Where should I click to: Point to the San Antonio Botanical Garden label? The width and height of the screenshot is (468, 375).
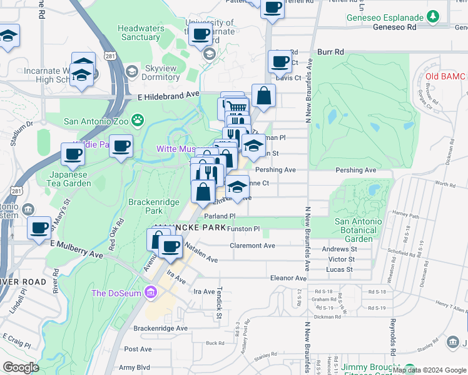[x=359, y=230]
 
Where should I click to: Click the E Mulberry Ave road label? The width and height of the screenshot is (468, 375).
[x=76, y=249]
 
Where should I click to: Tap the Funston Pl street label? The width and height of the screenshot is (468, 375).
[x=243, y=229]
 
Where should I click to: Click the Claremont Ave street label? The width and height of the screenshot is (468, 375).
[x=252, y=246]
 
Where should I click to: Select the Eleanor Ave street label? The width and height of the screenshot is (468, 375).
[x=287, y=277]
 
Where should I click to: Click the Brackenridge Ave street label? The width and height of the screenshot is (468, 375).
[x=160, y=327]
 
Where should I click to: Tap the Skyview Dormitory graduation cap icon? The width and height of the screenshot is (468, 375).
[x=131, y=72]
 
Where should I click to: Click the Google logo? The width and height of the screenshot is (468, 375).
[x=21, y=367]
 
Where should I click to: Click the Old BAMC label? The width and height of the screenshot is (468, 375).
[x=445, y=76]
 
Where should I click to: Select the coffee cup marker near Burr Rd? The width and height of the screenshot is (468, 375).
[x=280, y=61]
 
